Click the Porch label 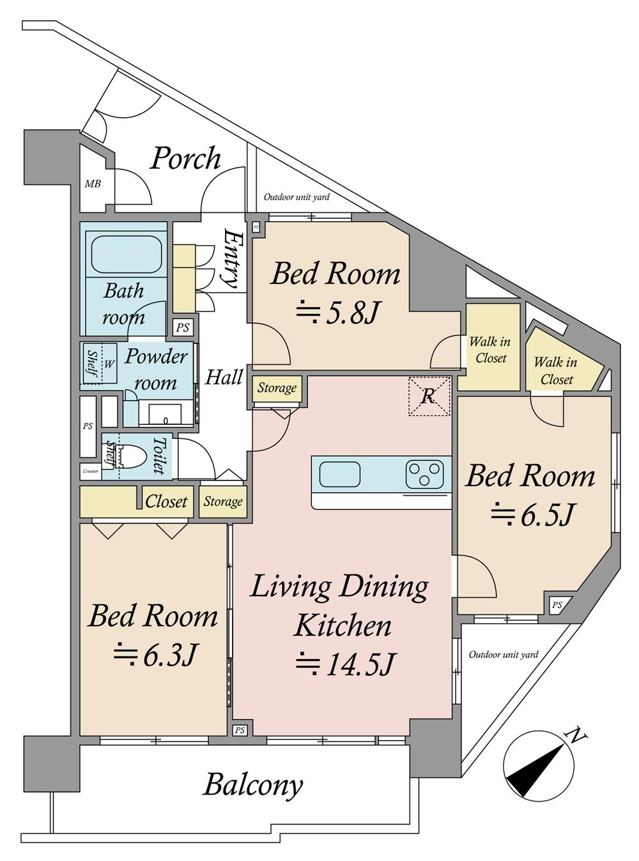(185, 159)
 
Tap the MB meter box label (93, 183)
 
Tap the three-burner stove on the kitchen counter (424, 475)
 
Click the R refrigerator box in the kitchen (429, 396)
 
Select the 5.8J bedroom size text (336, 313)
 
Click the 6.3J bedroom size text (153, 656)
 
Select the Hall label (224, 377)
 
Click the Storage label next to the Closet (223, 502)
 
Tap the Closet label (166, 502)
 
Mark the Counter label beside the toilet (91, 471)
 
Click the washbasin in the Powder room (165, 415)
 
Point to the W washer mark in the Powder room (109, 364)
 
